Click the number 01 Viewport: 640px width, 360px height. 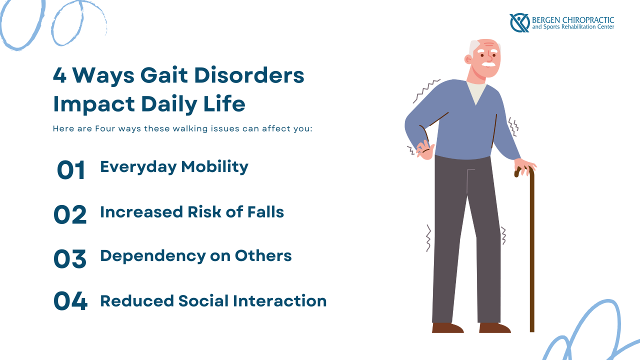coord(71,170)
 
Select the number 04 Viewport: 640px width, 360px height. coord(70,301)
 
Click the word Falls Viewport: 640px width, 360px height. coord(265,211)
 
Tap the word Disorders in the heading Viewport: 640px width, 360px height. coord(250,76)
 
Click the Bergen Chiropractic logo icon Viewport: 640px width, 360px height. coord(519,22)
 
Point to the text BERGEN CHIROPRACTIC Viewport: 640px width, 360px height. coord(572,19)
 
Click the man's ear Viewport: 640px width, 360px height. coord(468,59)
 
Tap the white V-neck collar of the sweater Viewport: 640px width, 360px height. coord(477,92)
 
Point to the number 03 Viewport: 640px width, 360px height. coord(70,258)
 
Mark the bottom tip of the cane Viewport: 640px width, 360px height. coord(532,329)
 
